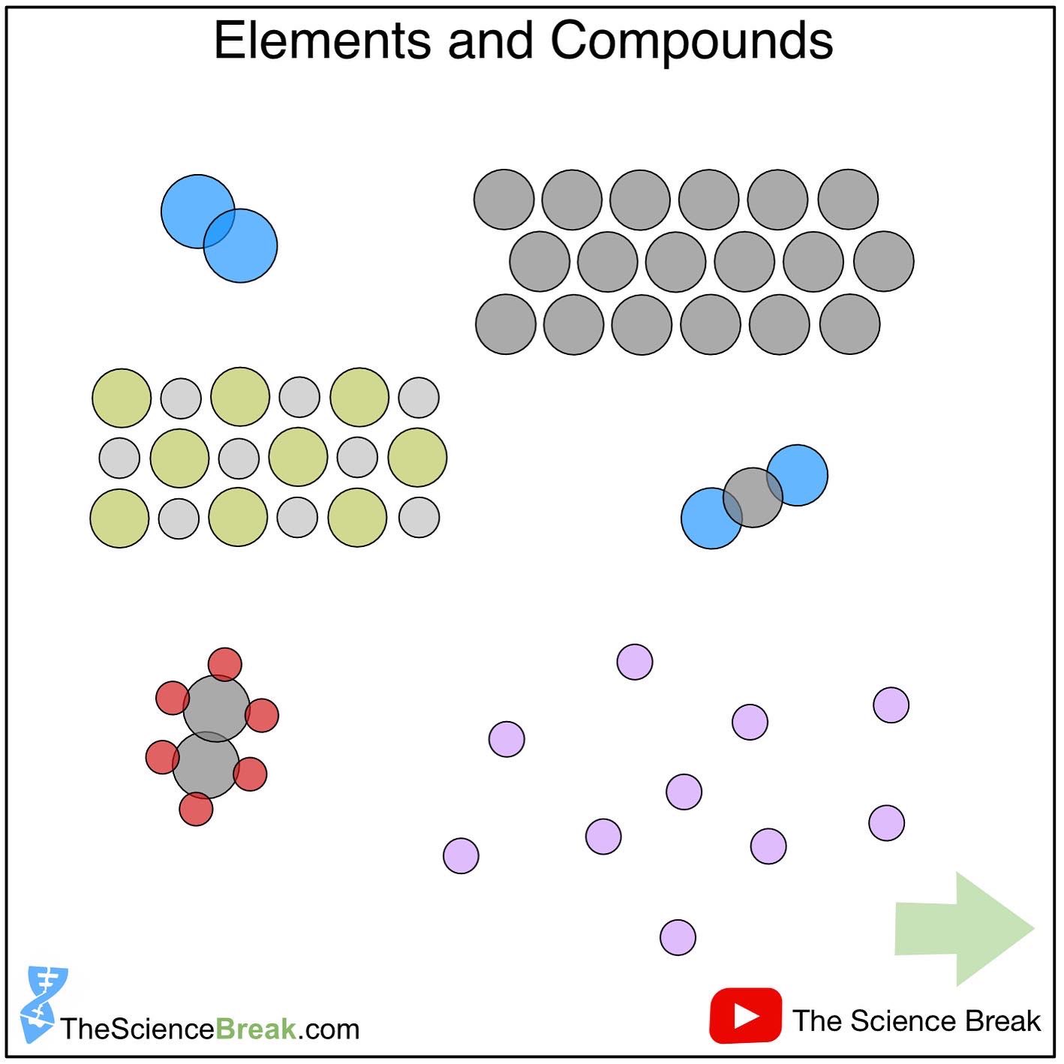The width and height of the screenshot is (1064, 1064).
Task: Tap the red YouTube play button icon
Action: (745, 1016)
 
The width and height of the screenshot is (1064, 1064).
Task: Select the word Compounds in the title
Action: (691, 41)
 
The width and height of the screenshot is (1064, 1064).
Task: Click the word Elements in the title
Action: (322, 41)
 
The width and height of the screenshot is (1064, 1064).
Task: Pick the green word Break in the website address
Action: (256, 1029)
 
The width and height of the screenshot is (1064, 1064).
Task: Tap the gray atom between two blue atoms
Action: (753, 497)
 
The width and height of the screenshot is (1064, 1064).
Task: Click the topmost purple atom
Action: (635, 662)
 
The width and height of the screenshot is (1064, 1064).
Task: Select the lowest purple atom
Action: (678, 937)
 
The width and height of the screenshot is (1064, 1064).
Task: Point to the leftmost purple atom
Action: (461, 855)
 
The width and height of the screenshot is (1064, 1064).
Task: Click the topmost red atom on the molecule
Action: (224, 664)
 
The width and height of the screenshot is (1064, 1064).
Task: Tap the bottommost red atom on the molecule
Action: (196, 809)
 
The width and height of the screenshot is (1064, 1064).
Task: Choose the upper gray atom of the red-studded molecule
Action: (216, 708)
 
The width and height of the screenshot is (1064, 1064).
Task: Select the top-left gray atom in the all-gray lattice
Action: (504, 200)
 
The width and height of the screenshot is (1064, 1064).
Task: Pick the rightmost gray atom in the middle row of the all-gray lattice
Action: (884, 261)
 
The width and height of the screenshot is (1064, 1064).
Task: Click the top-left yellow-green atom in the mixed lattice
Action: (122, 398)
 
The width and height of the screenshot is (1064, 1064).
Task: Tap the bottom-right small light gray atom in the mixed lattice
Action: (419, 517)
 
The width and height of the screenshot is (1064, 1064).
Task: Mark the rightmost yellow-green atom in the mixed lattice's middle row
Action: (417, 458)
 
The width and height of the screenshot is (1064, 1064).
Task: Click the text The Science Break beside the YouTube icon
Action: (916, 1021)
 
